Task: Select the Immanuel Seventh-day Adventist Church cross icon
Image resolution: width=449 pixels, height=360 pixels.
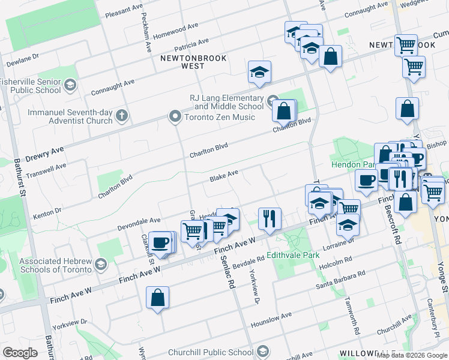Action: point(122,115)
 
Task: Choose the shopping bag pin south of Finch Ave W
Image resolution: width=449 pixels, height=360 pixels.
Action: point(157,298)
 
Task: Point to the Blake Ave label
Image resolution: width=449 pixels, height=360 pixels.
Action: point(224,176)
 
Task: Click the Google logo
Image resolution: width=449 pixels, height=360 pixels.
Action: point(20,353)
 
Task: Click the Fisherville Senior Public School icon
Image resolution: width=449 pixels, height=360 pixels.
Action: point(70,86)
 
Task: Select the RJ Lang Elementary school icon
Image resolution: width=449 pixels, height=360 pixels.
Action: point(273,99)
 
